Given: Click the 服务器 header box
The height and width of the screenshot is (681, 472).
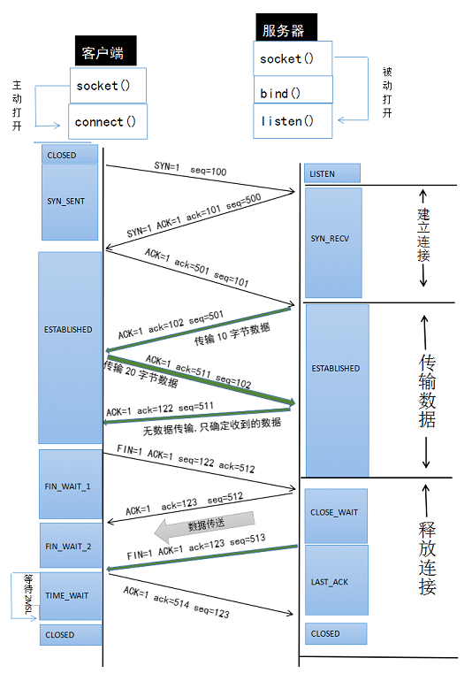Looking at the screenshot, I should [284, 29].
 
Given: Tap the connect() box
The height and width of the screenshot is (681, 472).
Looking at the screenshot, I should [107, 121].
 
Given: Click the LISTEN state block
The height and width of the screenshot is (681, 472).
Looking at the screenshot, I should [332, 173].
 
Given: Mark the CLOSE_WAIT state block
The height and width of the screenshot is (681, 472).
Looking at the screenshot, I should [335, 511].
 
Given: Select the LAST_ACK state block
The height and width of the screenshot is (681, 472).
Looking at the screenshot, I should [335, 580].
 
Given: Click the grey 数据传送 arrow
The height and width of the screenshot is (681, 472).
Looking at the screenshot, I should [204, 528].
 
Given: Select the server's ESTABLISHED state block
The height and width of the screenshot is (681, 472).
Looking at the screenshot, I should [335, 368].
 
